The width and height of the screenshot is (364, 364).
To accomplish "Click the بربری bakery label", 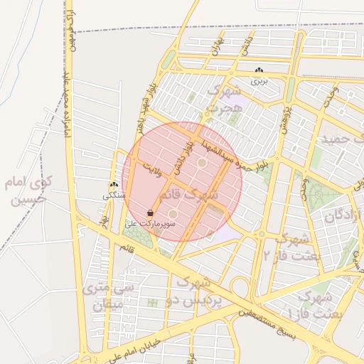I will click(259, 82).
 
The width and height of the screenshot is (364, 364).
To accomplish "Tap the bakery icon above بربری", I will click(259, 70).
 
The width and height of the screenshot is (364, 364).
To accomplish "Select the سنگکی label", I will click(114, 195).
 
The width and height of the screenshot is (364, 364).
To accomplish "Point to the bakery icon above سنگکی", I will click(114, 185).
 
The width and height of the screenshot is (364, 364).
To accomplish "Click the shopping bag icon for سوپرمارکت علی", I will click(150, 212).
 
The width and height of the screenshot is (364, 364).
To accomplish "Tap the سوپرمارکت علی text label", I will click(151, 223).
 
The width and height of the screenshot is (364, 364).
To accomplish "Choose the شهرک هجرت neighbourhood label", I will click(224, 100).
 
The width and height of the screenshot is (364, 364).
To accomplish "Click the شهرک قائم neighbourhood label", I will click(190, 193).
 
